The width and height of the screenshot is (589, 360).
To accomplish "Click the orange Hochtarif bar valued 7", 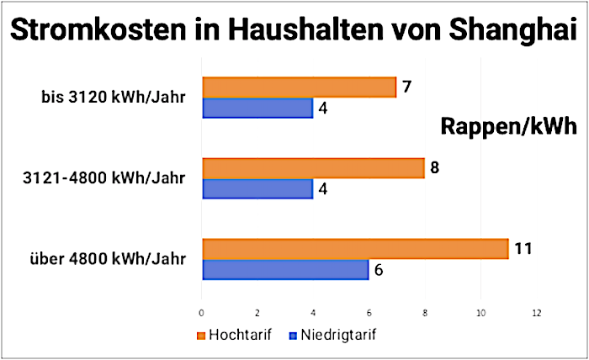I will [299, 87].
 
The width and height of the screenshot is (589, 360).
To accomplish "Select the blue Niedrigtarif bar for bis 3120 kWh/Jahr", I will [257, 109].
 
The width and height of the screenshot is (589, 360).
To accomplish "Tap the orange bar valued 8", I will [313, 168].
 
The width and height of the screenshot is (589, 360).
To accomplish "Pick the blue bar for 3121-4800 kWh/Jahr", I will [257, 189].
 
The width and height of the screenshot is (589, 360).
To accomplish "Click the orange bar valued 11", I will [355, 249].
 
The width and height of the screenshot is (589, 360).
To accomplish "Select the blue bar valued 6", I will [285, 270].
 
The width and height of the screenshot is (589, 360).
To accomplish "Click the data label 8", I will [434, 167].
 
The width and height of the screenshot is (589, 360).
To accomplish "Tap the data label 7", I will [406, 87].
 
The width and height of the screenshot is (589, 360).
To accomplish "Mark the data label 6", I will [379, 271].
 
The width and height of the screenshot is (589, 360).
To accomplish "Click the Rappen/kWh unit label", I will [507, 126].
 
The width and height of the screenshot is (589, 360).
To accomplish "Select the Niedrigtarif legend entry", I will [329, 334].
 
